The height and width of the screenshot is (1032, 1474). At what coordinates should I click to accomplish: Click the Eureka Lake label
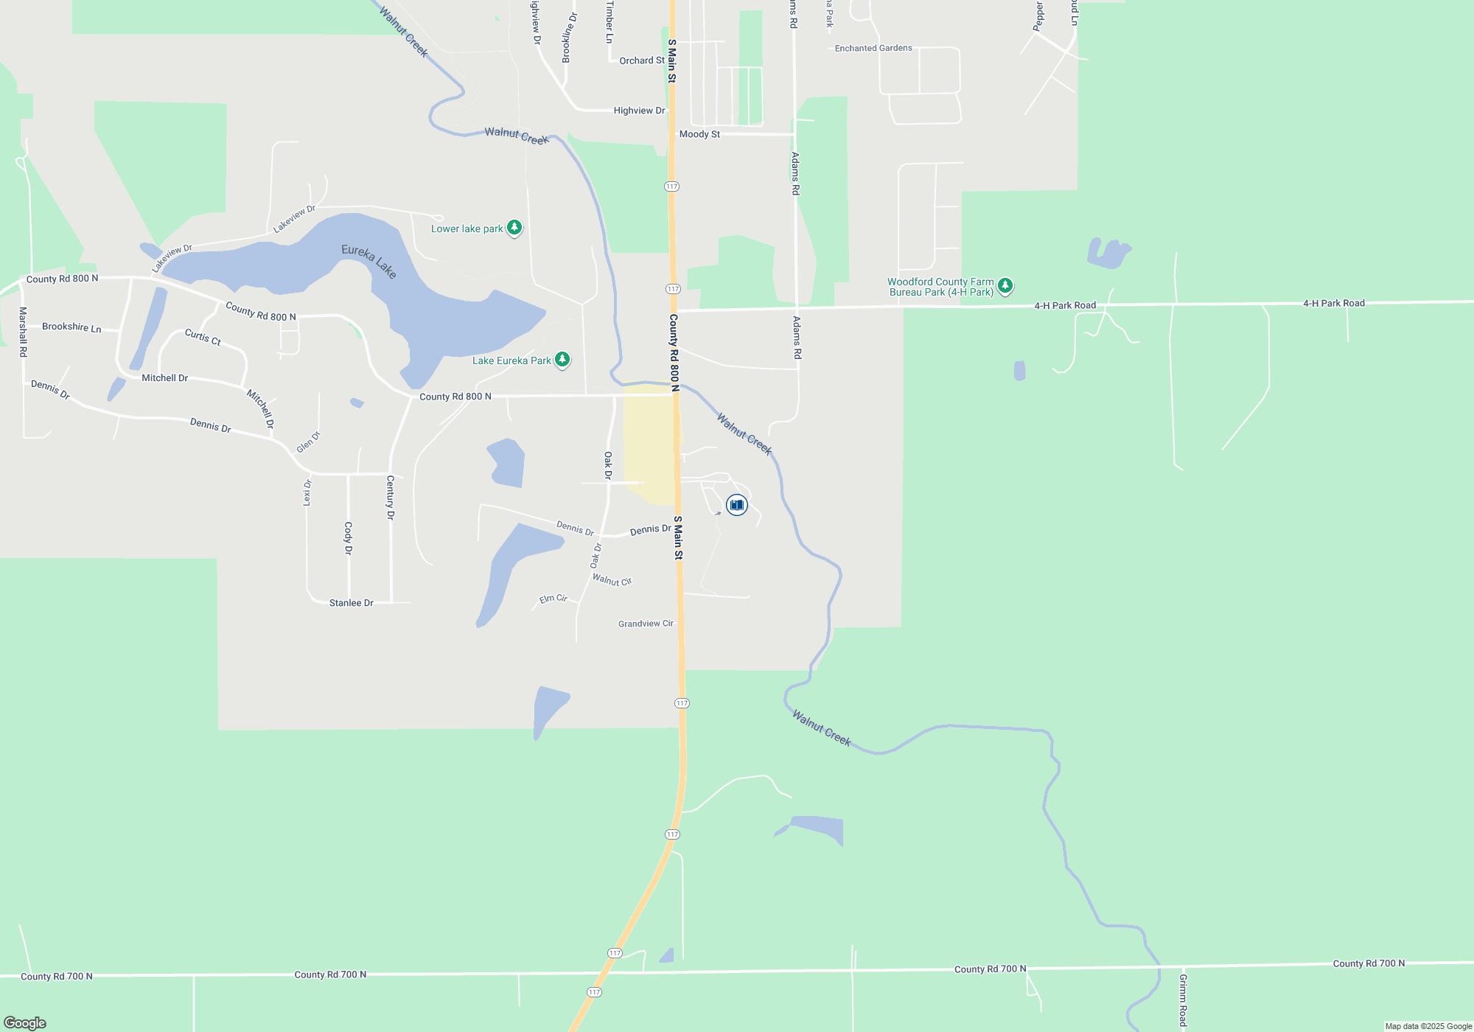[369, 262]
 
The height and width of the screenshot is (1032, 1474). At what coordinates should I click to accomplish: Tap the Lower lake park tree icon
[514, 228]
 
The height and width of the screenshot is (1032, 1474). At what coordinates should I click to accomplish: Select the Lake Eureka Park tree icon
[562, 360]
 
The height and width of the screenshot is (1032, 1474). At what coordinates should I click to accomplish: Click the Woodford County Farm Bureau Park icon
[1005, 286]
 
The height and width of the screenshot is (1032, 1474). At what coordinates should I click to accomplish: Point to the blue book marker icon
[736, 505]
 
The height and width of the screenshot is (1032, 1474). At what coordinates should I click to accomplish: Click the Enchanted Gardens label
[873, 48]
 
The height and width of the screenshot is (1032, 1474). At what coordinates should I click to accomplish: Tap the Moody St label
[699, 134]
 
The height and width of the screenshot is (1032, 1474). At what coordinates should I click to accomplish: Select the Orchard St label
[641, 60]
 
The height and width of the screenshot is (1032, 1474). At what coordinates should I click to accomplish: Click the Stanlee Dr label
[352, 603]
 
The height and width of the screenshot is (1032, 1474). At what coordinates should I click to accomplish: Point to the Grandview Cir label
[646, 624]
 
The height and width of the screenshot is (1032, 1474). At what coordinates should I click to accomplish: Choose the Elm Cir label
[553, 599]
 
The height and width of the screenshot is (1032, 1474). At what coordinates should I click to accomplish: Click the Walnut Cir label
[612, 581]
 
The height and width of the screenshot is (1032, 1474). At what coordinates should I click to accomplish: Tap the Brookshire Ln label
[71, 327]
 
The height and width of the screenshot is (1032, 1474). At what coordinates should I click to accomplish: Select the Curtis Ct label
[203, 337]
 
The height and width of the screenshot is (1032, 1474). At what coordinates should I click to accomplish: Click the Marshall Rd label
[23, 332]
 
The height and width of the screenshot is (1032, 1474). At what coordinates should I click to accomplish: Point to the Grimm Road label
[1183, 1000]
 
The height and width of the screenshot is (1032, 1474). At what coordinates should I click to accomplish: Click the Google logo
[25, 1022]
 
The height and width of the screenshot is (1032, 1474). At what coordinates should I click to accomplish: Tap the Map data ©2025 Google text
[1428, 1026]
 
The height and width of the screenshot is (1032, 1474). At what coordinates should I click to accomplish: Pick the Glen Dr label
[309, 442]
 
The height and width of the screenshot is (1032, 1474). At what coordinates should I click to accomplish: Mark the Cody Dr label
[349, 538]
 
